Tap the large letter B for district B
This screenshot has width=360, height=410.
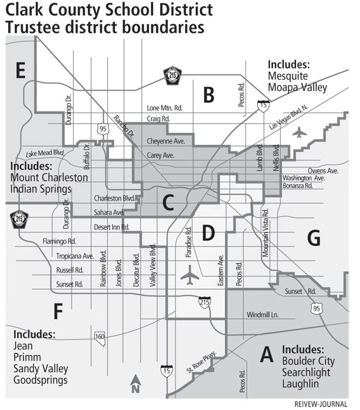(x=208, y=94)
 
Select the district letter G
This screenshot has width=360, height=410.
(x=314, y=238)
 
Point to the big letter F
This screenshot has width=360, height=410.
(x=57, y=311)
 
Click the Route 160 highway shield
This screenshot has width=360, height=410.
(x=100, y=337)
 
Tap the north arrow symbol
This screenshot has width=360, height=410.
(x=135, y=384)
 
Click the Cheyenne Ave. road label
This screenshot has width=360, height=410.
(x=165, y=141)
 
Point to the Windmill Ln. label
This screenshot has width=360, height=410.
(x=262, y=315)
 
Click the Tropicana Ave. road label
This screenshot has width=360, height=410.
(x=75, y=256)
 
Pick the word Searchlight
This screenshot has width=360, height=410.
(x=306, y=372)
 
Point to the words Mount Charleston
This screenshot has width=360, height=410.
(x=49, y=177)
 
